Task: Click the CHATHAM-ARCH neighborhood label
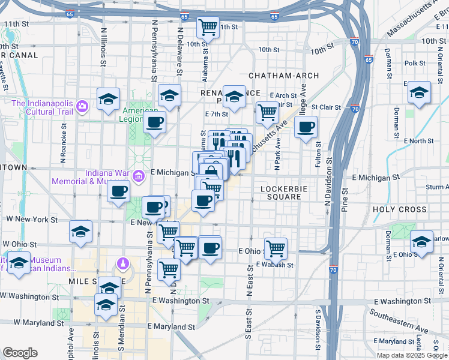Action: tap(283, 76)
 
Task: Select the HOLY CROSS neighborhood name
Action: tap(399, 210)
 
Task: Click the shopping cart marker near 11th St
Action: tap(208, 27)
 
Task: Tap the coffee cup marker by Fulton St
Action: tap(306, 127)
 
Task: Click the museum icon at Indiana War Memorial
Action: tap(139, 176)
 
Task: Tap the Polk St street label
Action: tap(415, 63)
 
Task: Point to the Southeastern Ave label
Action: tap(408, 322)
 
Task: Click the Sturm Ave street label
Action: tap(436, 187)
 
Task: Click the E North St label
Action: tap(420, 141)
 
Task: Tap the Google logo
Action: tap(20, 353)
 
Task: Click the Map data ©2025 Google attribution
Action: tap(412, 355)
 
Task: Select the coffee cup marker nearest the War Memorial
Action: tap(118, 192)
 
